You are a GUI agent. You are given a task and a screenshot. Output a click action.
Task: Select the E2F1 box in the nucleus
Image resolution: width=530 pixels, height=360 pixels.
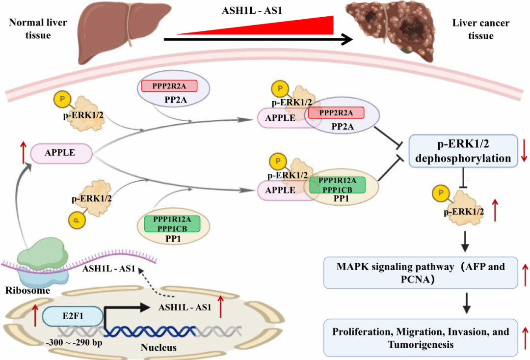coord(73,317)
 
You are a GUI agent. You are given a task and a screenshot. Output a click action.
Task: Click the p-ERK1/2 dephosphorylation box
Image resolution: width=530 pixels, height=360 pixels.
coord(463,151)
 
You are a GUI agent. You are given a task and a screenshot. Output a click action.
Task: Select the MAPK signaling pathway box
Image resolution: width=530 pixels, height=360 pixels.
coord(421,273)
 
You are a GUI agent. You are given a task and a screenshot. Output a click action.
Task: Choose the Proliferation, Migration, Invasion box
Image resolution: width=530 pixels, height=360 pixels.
coord(421,338)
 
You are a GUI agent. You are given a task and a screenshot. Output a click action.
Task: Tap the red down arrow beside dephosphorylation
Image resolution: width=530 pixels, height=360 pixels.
coord(524,151)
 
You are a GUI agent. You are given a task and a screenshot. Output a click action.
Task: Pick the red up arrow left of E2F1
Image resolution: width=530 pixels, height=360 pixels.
coord(35,315)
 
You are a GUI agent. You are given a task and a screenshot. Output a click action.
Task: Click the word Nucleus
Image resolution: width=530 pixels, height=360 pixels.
coord(159,348)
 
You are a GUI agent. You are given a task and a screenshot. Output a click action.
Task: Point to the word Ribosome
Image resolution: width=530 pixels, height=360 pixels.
coord(27,290)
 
